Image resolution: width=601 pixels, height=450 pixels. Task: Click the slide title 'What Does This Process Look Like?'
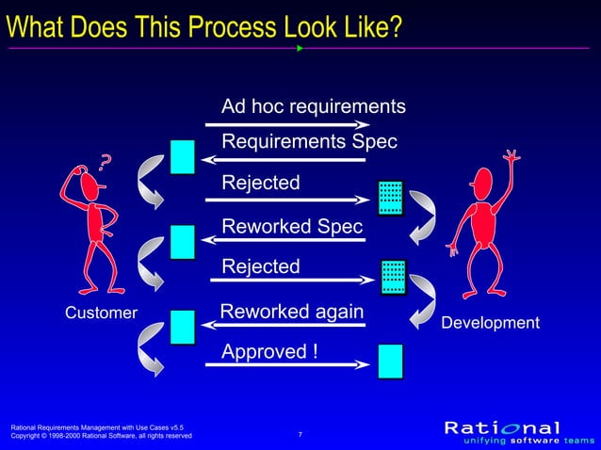coord(203,25)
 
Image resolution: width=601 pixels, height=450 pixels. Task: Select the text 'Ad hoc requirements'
coord(313,106)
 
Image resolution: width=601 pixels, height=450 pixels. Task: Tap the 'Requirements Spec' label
coord(309,141)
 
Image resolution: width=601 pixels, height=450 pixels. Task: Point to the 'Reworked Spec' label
coord(291,227)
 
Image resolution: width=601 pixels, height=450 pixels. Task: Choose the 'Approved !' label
coord(263,351)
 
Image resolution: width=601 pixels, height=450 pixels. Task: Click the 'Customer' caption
coord(101,312)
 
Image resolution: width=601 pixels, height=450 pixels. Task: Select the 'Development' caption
coord(490,323)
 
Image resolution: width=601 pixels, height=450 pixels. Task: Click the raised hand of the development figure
coord(512,155)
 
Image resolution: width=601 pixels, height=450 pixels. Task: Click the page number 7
coord(300,434)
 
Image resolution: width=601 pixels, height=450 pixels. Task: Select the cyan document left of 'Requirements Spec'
coord(183,156)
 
